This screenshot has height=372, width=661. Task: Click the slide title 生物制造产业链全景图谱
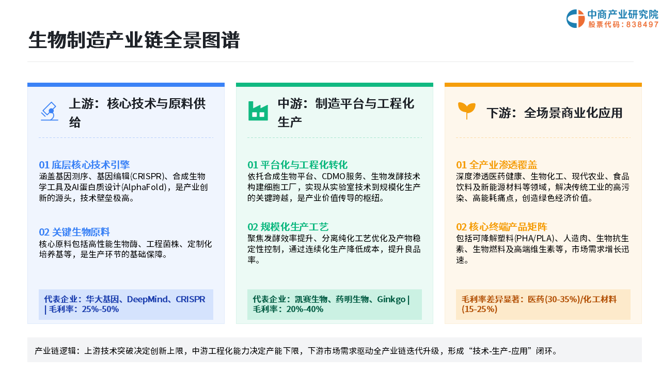click(x=134, y=40)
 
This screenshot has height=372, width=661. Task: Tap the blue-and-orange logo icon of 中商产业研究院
click(x=575, y=19)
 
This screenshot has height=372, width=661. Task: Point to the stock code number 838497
click(x=642, y=24)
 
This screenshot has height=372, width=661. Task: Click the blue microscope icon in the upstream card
click(x=49, y=111)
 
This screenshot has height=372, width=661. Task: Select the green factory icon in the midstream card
click(x=258, y=111)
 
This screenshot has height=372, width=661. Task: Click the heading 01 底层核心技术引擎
click(x=84, y=165)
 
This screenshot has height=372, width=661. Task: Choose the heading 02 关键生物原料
click(x=74, y=232)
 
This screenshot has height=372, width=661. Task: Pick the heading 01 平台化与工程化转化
click(x=297, y=165)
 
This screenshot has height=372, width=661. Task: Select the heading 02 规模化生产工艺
click(x=288, y=227)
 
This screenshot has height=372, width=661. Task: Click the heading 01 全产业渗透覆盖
click(x=497, y=165)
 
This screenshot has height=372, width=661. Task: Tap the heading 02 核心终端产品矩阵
click(x=501, y=227)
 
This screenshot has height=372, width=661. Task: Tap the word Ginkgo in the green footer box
click(x=391, y=300)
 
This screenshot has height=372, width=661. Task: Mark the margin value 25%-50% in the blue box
click(x=100, y=309)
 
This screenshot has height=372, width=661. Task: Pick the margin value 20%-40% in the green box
click(x=305, y=309)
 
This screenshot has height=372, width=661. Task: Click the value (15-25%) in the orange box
click(x=480, y=309)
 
